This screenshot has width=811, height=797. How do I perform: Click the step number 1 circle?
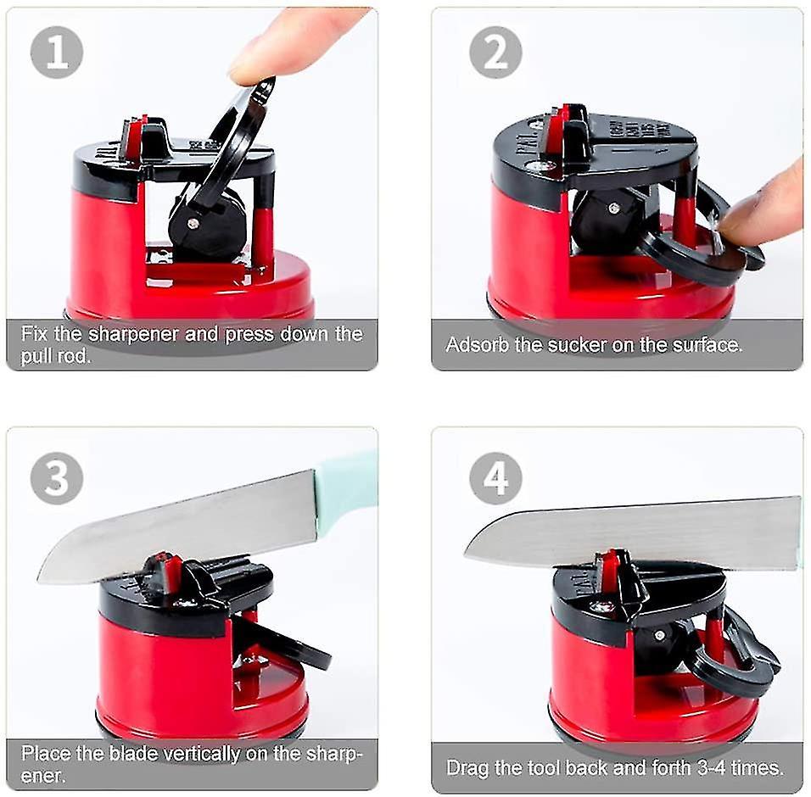[57, 53]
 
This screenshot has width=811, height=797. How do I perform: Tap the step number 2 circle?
[495, 53]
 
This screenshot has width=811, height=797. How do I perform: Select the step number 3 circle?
[57, 478]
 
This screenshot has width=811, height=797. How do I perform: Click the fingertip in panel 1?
[254, 59]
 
